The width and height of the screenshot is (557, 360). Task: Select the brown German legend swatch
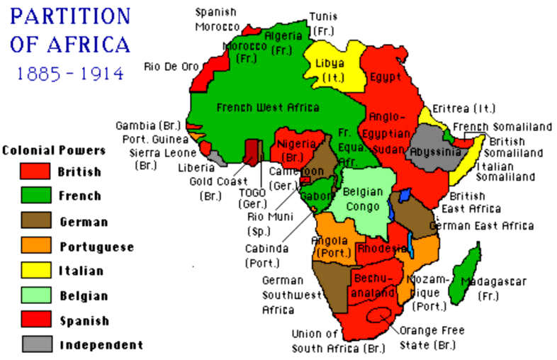[x=35, y=220]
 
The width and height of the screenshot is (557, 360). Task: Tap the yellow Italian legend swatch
[x=35, y=270]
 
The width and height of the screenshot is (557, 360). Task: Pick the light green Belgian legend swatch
[x=35, y=295]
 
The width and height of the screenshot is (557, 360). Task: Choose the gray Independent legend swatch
[x=35, y=344]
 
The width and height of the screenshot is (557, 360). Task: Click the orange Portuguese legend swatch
[x=35, y=245]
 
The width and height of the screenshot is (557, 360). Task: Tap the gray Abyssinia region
[x=429, y=150]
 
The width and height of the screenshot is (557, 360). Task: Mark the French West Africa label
[x=267, y=108]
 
